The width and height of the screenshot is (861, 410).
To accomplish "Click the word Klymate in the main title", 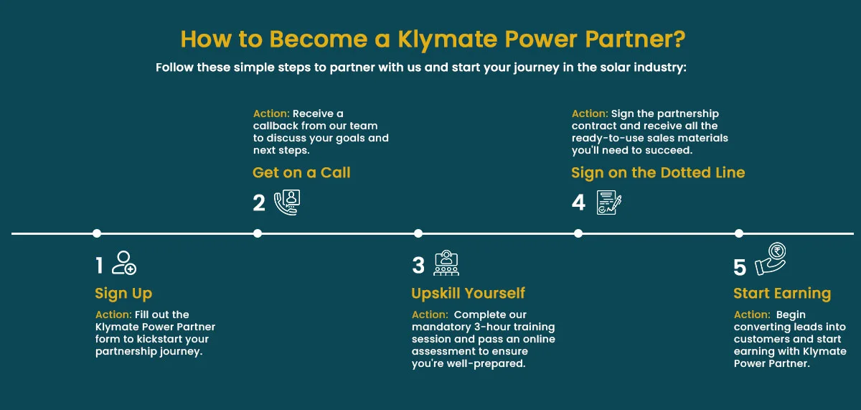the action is pos(448,40).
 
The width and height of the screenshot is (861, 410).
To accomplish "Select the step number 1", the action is pos(99,265).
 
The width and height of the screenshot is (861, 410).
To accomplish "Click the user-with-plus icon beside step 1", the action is pos(123,263).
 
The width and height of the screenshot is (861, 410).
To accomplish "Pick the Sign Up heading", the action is pos(123,294).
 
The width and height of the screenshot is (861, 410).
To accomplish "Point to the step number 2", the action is pos(259,202).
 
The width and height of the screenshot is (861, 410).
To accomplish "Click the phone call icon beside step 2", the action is pos(287,202).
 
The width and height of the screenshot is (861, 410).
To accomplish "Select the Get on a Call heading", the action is pos(301,173).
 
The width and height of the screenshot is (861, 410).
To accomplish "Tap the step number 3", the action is pos(418,265).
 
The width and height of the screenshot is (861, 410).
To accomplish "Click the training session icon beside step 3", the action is pos(446,263).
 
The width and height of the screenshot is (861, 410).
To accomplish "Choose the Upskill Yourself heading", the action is pos(468,293).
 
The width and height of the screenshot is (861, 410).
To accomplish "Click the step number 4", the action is pos(578,202).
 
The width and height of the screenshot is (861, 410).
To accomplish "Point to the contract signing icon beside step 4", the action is pos(609,202).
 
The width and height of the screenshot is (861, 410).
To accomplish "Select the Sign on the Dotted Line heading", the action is pos(658,173).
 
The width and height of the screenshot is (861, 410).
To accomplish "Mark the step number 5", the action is pos(740,267).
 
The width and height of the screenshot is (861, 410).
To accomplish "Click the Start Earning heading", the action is pos(782,294).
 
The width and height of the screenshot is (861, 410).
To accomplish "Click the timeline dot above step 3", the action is pos(418,233).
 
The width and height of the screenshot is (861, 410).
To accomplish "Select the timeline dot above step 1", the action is pos(97,233).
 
